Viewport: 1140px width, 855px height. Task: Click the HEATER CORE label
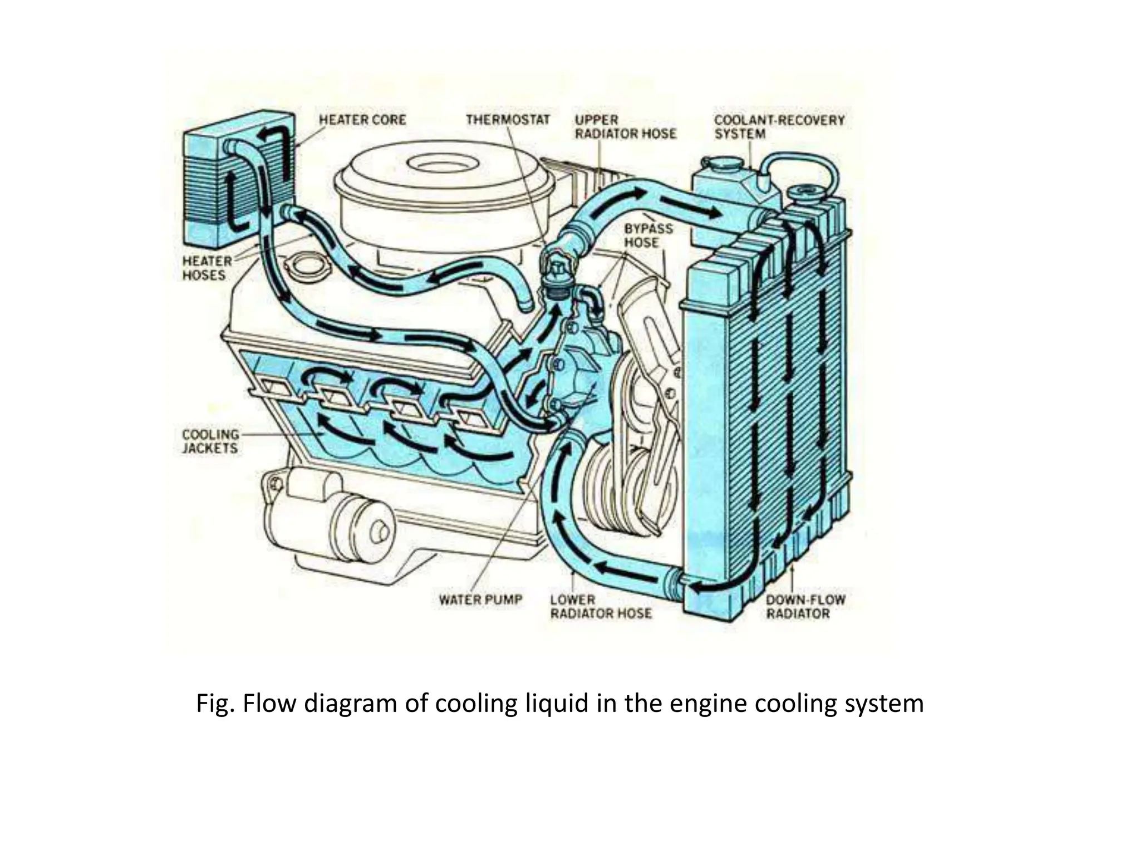pyautogui.click(x=362, y=120)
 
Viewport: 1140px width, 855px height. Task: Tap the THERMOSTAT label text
pyautogui.click(x=508, y=120)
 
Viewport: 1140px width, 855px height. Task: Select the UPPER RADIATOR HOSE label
pyautogui.click(x=625, y=127)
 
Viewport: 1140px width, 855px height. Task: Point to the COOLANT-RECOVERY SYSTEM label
pyautogui.click(x=779, y=127)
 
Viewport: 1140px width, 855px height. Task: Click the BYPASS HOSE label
pyautogui.click(x=648, y=236)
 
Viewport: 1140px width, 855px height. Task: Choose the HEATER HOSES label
pyautogui.click(x=207, y=268)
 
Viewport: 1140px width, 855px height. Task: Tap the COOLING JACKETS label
pyautogui.click(x=210, y=441)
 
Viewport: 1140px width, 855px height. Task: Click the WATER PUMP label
pyautogui.click(x=480, y=600)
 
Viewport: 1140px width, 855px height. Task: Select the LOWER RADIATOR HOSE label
pyautogui.click(x=600, y=607)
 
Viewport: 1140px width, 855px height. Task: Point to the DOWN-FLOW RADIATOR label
pyautogui.click(x=805, y=607)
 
